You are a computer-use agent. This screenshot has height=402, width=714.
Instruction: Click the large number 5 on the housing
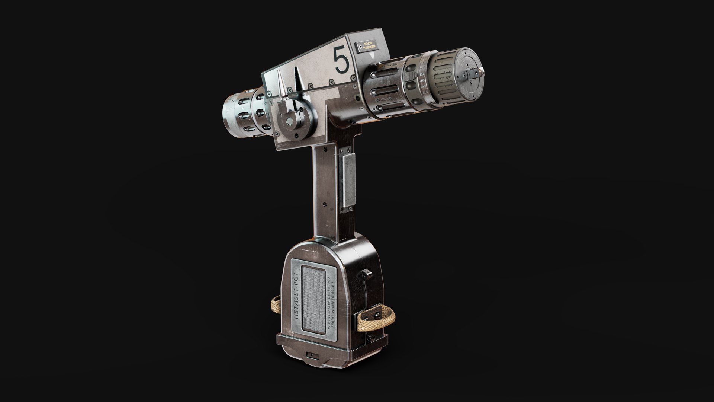[342, 60]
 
